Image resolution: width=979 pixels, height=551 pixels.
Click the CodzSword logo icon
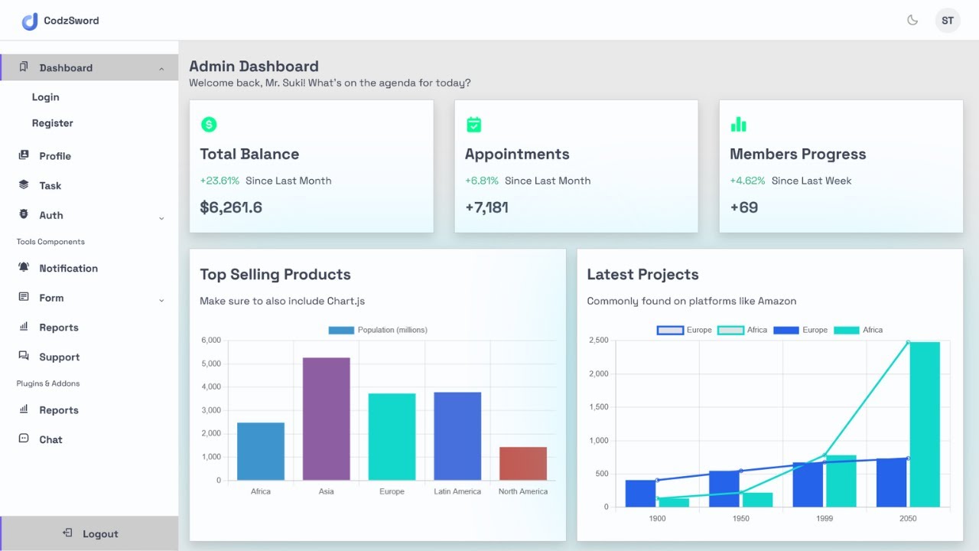coord(30,21)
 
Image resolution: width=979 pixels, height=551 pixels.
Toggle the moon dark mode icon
coord(912,21)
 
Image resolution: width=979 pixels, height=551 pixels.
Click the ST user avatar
coord(948,21)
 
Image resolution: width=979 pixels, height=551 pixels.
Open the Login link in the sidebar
coord(46,97)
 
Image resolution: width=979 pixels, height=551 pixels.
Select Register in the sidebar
coord(53,123)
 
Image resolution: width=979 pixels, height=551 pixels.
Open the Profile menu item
coord(55,156)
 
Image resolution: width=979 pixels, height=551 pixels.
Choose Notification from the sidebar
coord(68,269)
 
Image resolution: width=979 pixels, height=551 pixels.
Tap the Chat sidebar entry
coord(50,440)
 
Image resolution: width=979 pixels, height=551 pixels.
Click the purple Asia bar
coord(326,419)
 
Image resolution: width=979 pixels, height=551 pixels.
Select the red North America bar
coord(523,464)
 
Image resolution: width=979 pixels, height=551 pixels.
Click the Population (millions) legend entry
coord(378,330)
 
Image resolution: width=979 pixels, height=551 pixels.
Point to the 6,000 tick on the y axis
coord(211,340)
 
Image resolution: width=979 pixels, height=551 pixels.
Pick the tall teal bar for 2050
coord(925,425)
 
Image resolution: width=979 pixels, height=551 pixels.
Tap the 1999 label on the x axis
coord(824,519)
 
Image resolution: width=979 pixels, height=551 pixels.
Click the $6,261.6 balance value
coord(231,207)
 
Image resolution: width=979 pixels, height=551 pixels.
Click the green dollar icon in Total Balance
coord(209,125)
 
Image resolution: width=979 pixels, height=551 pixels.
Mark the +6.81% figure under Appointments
coord(482,181)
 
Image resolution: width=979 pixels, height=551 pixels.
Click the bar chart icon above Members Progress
coord(738,125)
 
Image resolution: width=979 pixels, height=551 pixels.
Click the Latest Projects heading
coord(642,275)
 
